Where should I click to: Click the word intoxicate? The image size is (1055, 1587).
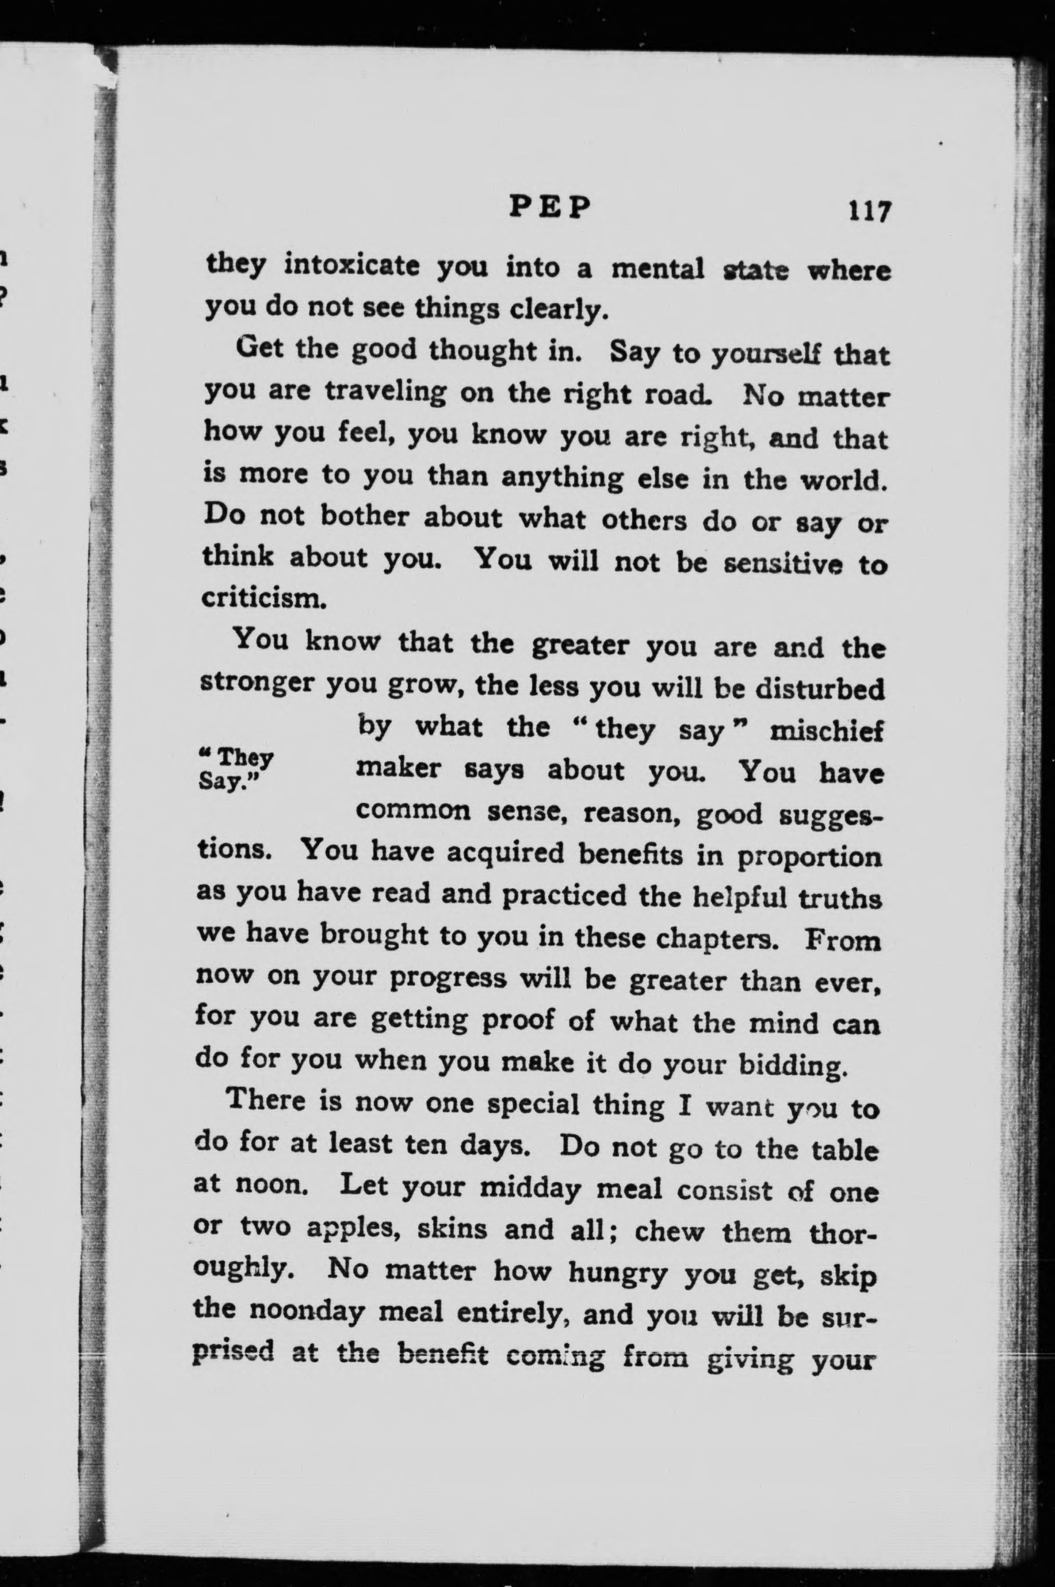click(353, 267)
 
